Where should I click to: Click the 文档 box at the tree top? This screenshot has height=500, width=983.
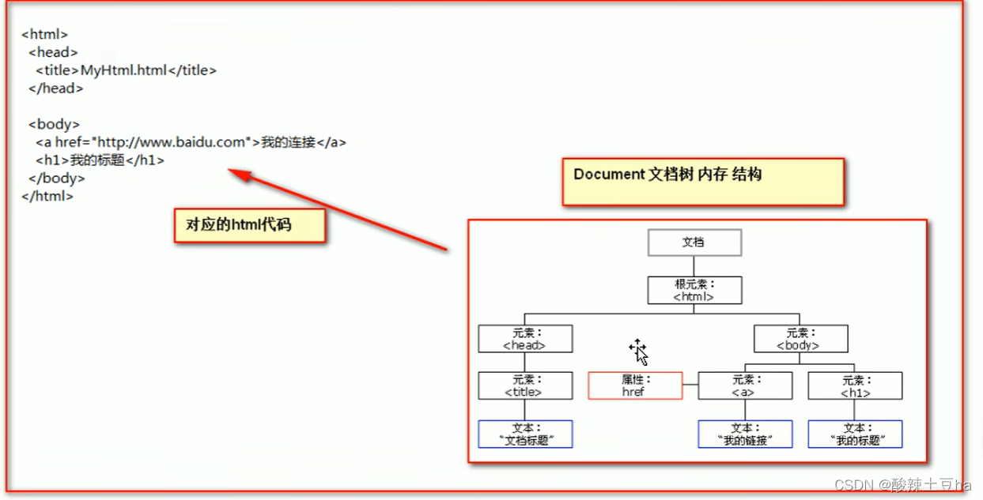(694, 242)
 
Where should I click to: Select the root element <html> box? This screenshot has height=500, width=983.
(694, 290)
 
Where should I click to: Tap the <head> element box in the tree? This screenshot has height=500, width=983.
(525, 339)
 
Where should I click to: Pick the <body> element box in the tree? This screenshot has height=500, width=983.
(800, 339)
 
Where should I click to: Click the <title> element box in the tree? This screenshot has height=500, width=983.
(525, 385)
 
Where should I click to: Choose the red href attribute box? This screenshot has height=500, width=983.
(635, 385)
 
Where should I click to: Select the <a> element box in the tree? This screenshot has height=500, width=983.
(745, 385)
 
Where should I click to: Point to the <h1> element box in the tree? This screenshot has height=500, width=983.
(855, 385)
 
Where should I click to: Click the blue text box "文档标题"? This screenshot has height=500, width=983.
(525, 434)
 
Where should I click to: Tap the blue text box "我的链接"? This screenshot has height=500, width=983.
(745, 434)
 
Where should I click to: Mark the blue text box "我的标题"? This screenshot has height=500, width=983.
(855, 434)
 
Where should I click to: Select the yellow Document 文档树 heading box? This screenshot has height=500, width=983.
(702, 181)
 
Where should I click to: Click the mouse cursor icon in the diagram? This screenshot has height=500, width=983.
(639, 352)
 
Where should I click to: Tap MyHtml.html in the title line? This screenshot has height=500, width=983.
(123, 70)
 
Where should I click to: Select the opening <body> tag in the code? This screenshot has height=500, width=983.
(54, 124)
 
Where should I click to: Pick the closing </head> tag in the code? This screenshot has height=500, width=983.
(55, 88)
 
